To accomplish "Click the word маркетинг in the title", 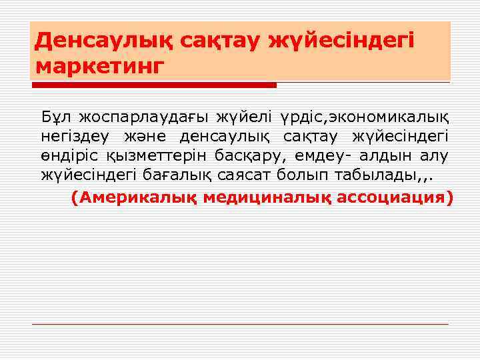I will click(99, 67).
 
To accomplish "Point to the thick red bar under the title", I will click(153, 85).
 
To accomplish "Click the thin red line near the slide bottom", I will click(240, 324).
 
